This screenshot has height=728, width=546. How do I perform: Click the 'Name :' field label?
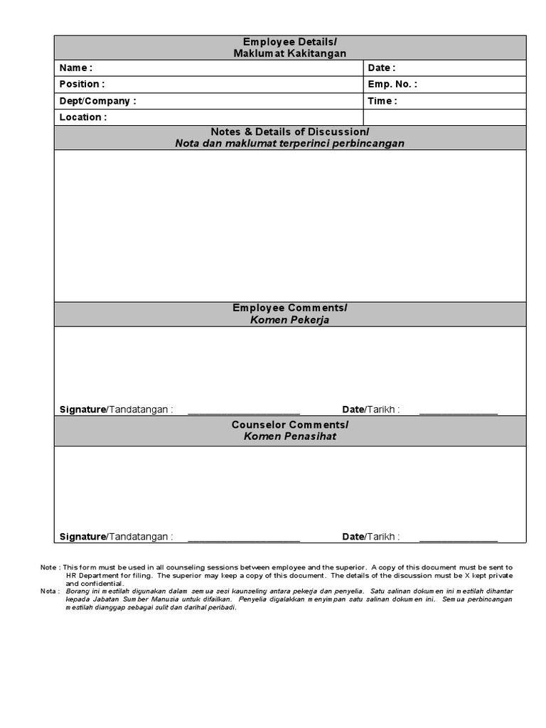(x=75, y=68)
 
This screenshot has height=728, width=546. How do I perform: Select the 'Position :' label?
(x=82, y=84)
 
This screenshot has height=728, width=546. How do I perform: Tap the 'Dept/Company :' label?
(x=97, y=101)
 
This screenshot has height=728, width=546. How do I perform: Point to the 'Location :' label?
(x=83, y=117)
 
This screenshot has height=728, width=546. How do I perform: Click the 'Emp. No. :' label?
(x=392, y=84)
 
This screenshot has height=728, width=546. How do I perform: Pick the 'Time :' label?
(x=382, y=101)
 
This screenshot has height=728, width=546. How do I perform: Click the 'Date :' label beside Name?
(x=382, y=68)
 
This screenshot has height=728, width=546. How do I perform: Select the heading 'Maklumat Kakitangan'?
(x=290, y=53)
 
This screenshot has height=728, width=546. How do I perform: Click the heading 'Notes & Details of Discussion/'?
(x=290, y=132)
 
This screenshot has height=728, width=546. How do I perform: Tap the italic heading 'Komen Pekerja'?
(x=290, y=320)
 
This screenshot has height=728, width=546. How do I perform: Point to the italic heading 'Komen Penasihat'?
(x=290, y=436)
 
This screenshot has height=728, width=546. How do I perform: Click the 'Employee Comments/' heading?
(x=290, y=308)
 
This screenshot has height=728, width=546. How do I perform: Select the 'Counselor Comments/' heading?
(x=290, y=424)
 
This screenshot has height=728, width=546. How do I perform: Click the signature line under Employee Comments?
(x=244, y=412)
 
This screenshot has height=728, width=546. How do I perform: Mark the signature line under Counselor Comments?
(x=244, y=539)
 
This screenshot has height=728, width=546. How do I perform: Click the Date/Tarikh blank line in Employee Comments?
(x=459, y=412)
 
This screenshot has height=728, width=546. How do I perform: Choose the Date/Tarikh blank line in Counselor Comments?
(x=459, y=539)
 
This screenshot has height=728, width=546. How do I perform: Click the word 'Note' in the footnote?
(x=48, y=567)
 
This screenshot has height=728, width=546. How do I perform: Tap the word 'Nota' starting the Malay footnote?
(x=48, y=591)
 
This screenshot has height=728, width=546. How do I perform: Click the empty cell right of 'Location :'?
(x=444, y=117)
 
